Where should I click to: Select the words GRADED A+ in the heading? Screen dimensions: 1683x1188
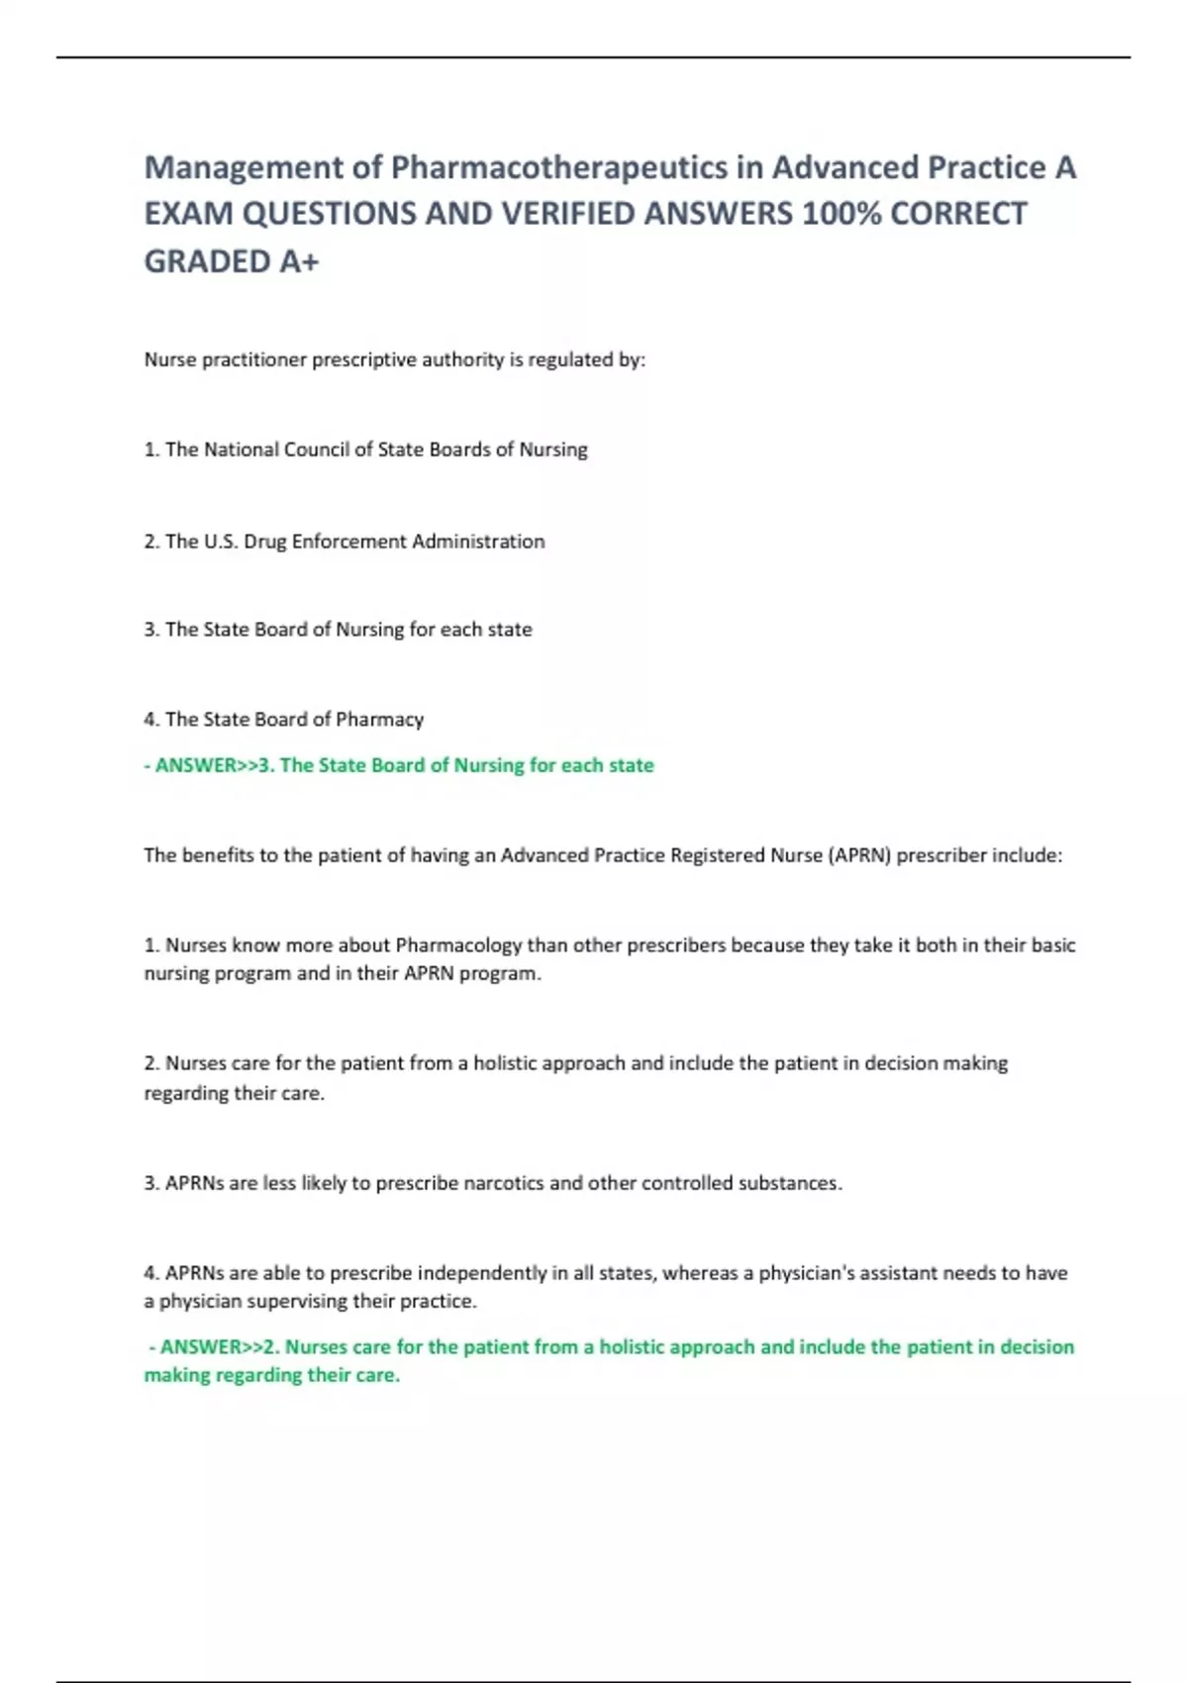[232, 261]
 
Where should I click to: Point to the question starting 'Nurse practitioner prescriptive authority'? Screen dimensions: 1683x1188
[394, 359]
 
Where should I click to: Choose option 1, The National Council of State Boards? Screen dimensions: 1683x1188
[365, 449]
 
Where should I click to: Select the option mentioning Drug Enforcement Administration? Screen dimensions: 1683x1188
[345, 542]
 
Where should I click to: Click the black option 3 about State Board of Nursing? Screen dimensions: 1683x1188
[338, 630]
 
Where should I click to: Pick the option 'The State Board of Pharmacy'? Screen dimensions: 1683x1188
[284, 720]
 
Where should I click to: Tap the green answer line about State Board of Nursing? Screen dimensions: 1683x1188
[399, 765]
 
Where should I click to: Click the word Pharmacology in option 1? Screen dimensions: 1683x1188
[458, 945]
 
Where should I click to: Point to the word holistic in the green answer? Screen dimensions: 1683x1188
[638, 1346]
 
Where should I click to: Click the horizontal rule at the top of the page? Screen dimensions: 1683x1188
[594, 57]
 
